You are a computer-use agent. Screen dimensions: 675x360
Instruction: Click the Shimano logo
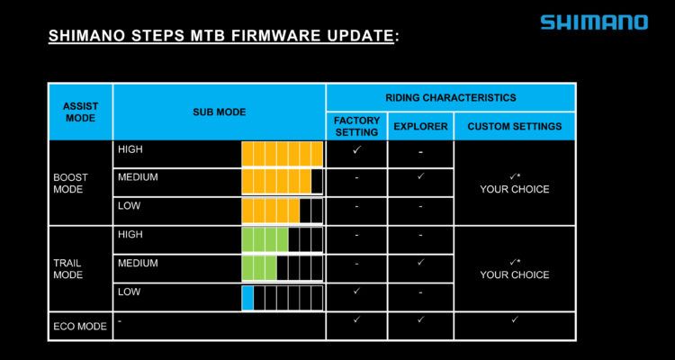tap(594, 22)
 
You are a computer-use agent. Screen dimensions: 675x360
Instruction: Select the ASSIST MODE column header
tap(80, 112)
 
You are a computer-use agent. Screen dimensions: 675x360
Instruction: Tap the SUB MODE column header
tap(219, 112)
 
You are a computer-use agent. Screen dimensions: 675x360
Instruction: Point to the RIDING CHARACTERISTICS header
tap(451, 98)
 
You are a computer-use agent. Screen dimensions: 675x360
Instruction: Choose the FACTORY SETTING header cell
tap(357, 126)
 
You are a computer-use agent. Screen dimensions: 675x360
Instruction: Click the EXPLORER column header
tap(420, 127)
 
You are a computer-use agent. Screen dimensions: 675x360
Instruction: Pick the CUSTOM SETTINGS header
tap(515, 127)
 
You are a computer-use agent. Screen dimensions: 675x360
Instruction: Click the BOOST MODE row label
tap(70, 183)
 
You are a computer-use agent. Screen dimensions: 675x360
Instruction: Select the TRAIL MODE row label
tap(68, 269)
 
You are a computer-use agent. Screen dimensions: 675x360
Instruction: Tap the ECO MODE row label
tap(80, 327)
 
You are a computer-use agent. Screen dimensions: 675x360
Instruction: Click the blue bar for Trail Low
tap(247, 298)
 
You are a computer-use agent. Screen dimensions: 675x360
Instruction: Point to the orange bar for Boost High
tap(282, 154)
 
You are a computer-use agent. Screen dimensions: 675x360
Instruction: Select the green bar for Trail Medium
tap(259, 268)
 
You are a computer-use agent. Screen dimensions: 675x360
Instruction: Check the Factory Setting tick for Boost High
tap(356, 150)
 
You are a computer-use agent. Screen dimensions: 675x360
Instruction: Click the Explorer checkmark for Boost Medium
tap(420, 176)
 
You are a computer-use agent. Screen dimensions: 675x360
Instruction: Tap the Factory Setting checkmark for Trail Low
tap(356, 291)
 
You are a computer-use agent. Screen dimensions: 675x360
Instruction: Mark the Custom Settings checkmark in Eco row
tap(515, 319)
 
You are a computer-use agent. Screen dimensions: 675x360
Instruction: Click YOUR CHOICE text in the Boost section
tap(515, 190)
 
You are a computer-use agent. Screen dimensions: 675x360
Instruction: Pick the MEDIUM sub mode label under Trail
tap(138, 263)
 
